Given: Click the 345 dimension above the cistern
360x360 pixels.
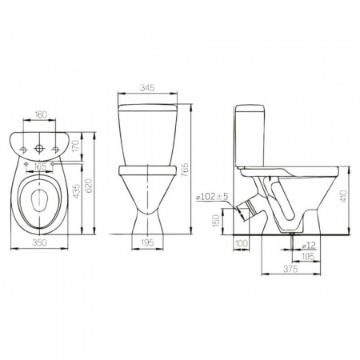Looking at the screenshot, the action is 147,88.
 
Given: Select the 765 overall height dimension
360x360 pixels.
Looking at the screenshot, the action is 185,170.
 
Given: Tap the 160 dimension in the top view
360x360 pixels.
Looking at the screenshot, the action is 41,114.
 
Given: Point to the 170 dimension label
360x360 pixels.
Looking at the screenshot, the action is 76,146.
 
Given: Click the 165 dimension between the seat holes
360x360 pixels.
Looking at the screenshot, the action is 40,166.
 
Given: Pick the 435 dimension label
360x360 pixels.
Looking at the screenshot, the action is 76,191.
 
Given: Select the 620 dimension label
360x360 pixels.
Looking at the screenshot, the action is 89,186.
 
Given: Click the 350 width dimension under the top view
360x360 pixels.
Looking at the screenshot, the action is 39,242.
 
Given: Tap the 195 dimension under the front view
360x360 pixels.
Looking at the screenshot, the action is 147,242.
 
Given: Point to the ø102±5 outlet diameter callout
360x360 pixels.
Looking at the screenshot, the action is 212,197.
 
